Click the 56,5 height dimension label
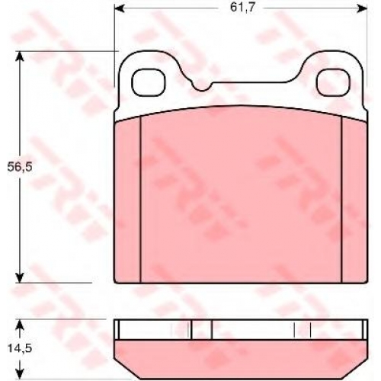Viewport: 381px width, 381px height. [x=20, y=167]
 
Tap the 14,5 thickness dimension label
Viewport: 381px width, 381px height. [x=20, y=348]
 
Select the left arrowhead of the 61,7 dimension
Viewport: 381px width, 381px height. [x=119, y=8]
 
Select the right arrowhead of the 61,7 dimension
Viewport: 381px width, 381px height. [x=362, y=8]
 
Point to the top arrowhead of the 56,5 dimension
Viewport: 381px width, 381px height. [x=20, y=56]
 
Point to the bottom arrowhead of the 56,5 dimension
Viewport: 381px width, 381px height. [x=20, y=277]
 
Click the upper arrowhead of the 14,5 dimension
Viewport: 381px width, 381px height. [x=20, y=325]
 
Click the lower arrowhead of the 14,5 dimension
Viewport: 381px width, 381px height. [x=20, y=373]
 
